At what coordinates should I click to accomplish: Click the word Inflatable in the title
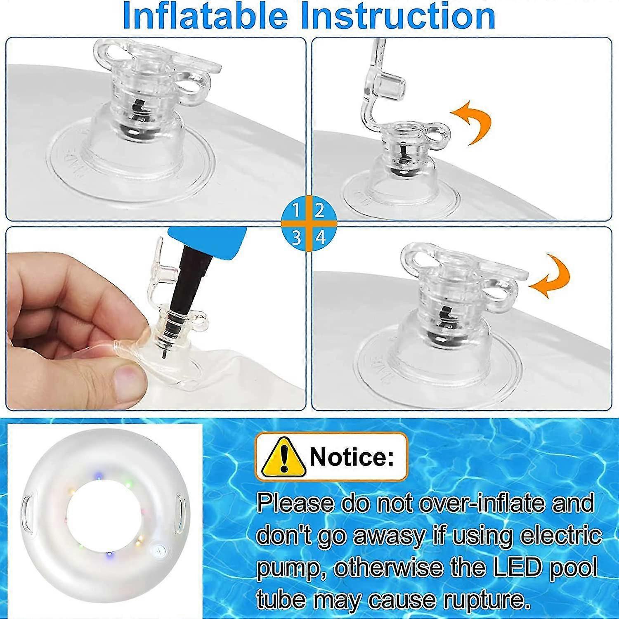tap(205, 16)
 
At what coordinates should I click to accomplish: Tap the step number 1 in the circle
tap(296, 211)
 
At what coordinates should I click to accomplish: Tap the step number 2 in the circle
tap(319, 211)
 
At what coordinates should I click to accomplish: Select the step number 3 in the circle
tap(296, 239)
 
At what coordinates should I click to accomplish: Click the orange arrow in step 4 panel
tap(551, 276)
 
